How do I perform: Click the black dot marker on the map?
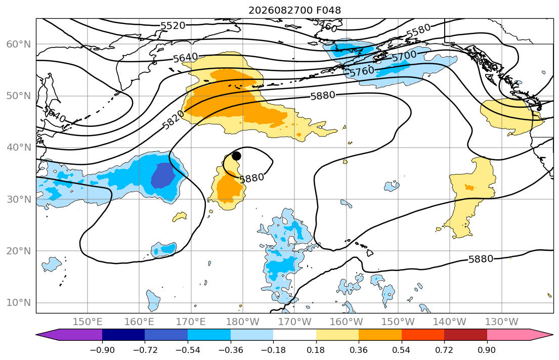tap(236, 156)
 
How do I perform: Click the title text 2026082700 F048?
tap(294, 10)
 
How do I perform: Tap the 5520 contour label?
tap(173, 26)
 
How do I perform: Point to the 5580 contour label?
tap(418, 31)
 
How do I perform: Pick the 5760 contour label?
tap(362, 71)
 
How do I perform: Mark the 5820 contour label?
tap(173, 120)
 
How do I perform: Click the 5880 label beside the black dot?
tap(252, 178)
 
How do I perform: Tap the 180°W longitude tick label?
tap(243, 322)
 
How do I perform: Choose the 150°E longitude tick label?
tap(88, 322)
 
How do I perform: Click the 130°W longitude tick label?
tap(502, 322)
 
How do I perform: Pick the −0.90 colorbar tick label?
tap(102, 350)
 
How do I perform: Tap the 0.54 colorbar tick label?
tap(402, 350)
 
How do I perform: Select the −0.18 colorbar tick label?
tap(273, 350)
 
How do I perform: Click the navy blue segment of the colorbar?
tap(123, 335)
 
